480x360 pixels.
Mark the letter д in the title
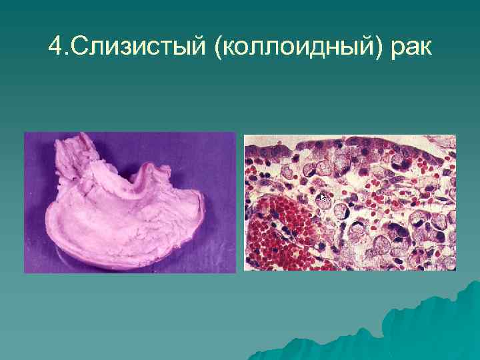pyautogui.click(x=313, y=48)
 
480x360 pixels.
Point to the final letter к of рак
pyautogui.click(x=423, y=49)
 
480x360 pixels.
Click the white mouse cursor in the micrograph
pyautogui.click(x=323, y=197)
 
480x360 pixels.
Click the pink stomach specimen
pyautogui.click(x=127, y=213)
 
